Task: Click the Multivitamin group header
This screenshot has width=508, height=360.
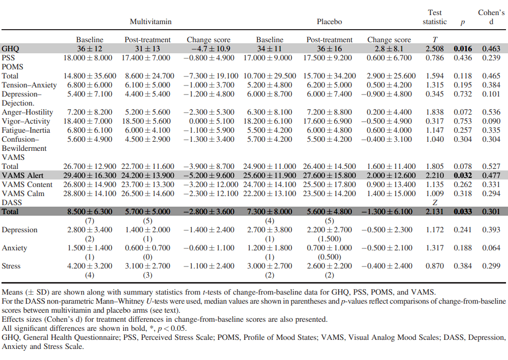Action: click(x=150, y=22)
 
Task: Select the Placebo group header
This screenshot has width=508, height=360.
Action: click(x=329, y=22)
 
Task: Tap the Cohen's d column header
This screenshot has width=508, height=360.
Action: click(x=491, y=17)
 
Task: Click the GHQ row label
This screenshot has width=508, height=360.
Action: click(x=11, y=49)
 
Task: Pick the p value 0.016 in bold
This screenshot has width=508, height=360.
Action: click(x=463, y=49)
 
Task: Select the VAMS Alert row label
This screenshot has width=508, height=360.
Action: click(x=23, y=175)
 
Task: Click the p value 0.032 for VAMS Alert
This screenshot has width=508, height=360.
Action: click(x=463, y=175)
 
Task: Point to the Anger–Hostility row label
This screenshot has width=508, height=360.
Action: click(x=25, y=112)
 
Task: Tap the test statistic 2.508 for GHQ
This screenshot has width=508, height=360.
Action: click(x=435, y=49)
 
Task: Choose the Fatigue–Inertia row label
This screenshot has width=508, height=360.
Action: click(x=24, y=130)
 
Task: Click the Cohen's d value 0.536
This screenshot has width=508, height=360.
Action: click(x=491, y=112)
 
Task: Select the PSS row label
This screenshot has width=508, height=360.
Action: click(x=9, y=58)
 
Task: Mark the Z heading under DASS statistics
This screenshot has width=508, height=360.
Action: click(x=435, y=203)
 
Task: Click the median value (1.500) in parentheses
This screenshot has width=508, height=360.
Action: click(x=329, y=239)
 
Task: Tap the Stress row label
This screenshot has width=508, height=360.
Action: click(x=12, y=266)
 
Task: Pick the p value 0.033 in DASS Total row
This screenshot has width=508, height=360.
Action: click(x=463, y=212)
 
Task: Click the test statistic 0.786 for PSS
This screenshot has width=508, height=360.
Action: click(x=435, y=58)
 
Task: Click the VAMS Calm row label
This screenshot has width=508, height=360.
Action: click(x=22, y=194)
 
